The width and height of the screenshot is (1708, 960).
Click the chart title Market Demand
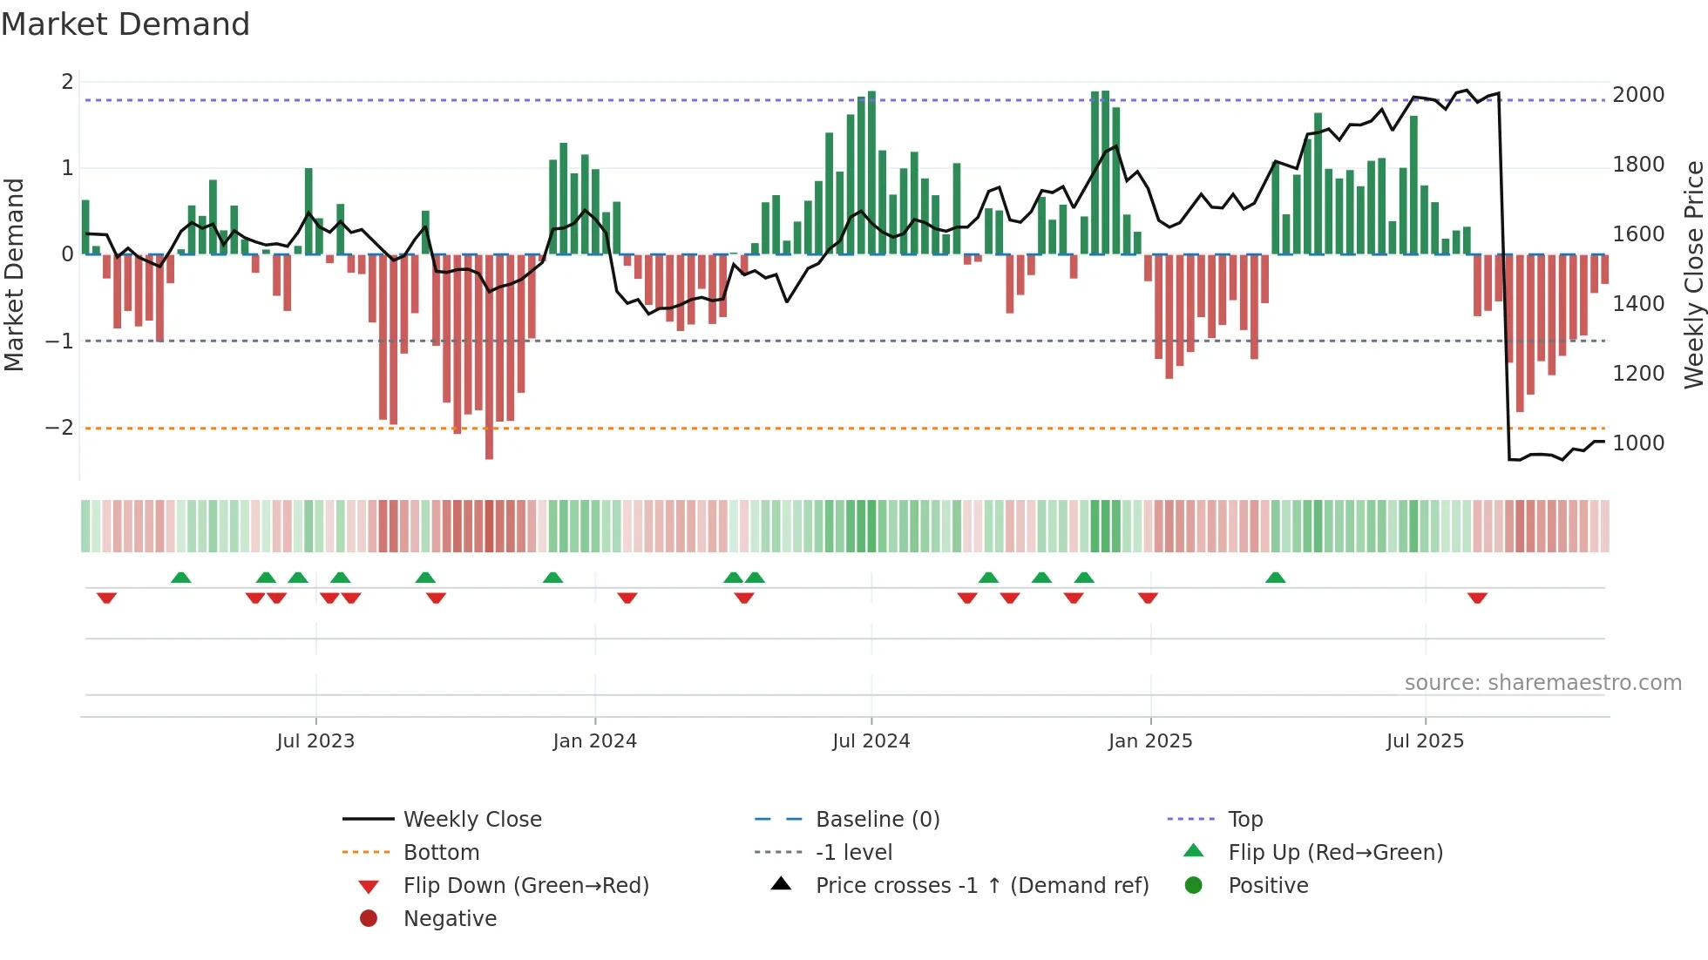125,24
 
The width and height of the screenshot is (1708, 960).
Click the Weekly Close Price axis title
1693,274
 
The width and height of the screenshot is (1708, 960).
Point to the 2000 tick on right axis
1637,95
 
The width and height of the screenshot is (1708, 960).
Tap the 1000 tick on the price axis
1637,443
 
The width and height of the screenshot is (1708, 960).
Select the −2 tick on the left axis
59,428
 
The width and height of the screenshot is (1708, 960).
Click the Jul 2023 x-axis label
315,741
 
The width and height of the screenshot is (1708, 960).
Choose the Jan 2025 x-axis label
1149,741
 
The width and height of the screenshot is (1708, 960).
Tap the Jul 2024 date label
871,741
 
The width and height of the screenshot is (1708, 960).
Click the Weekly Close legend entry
471,820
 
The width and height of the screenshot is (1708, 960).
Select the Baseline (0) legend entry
877,820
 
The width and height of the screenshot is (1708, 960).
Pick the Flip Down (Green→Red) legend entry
525,886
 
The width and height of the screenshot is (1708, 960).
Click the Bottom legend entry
441,853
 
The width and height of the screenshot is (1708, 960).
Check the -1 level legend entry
853,853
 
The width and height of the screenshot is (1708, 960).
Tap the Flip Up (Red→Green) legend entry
1335,853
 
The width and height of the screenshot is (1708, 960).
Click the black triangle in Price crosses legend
781,884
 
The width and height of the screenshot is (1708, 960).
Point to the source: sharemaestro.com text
1542,683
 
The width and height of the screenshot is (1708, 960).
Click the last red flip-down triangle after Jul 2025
1477,598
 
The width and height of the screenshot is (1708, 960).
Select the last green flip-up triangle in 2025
1275,578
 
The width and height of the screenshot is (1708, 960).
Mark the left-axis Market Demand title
15,274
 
